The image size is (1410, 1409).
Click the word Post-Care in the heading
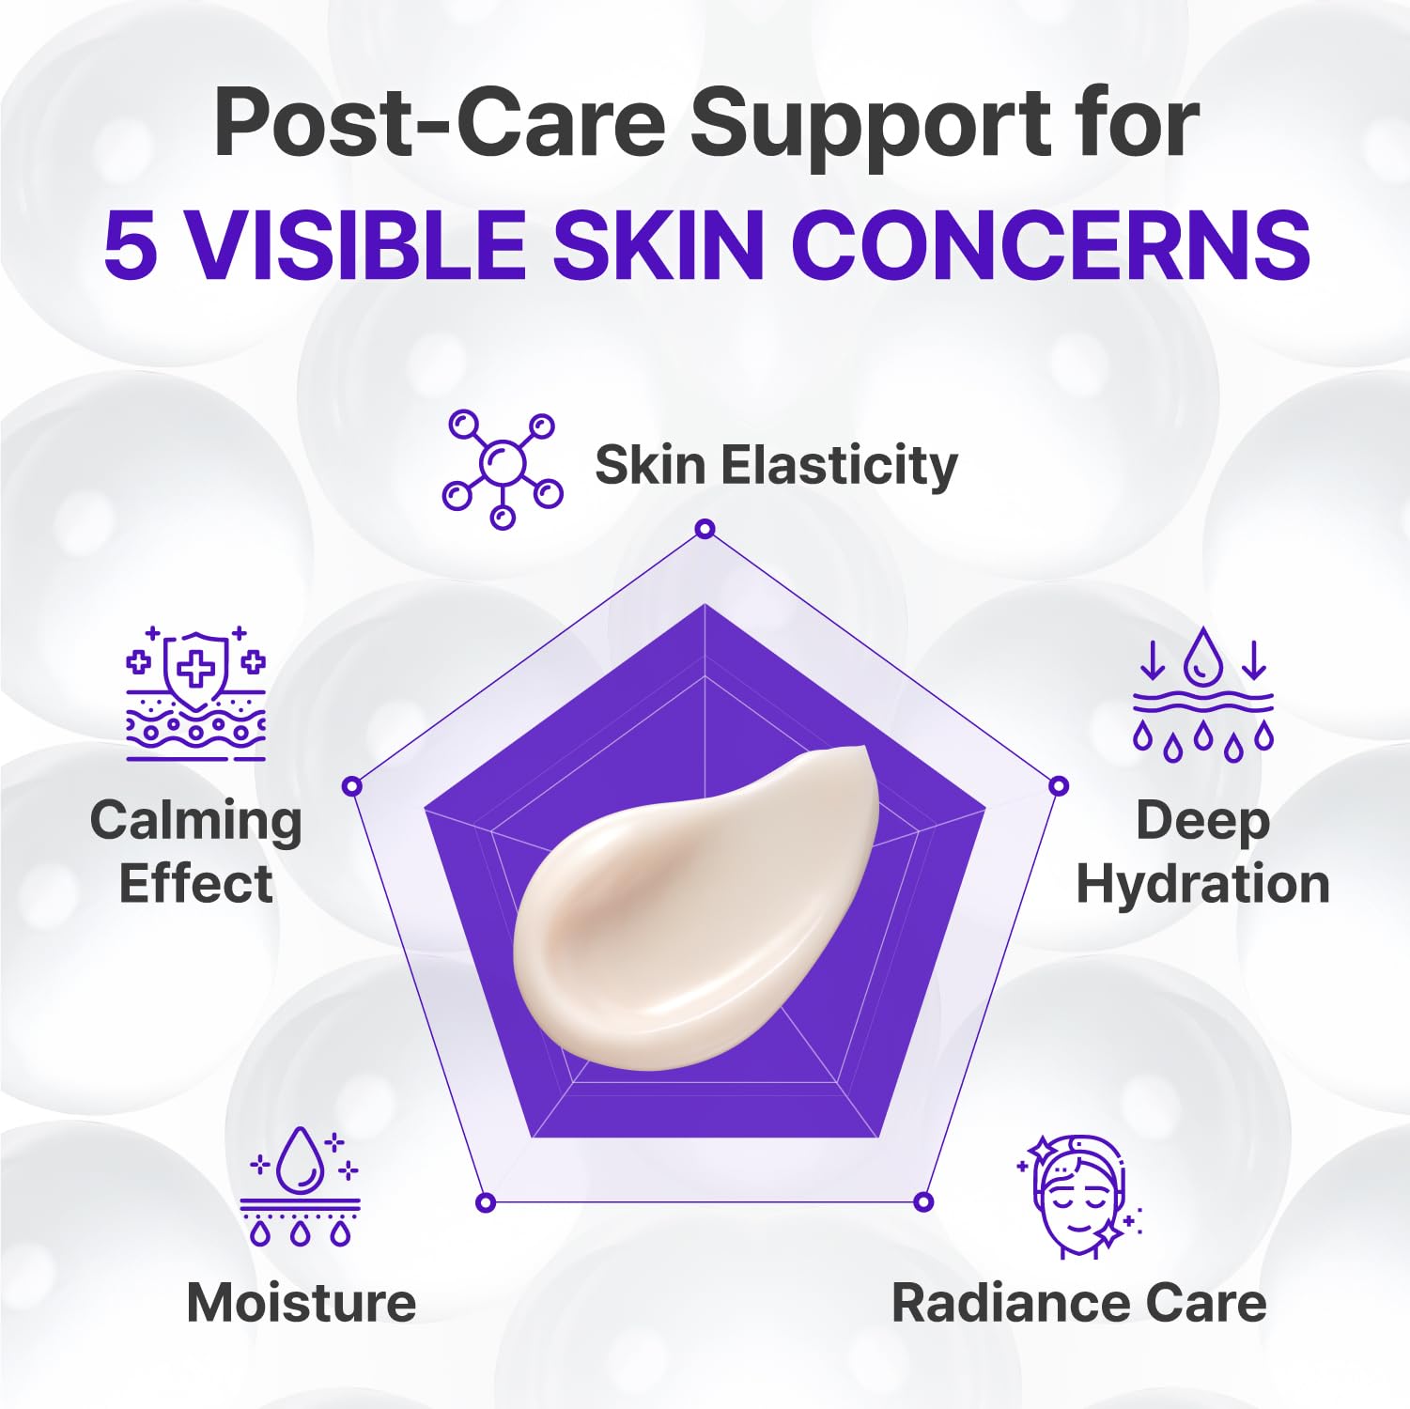[x=440, y=122]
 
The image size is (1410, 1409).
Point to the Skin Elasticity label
[x=776, y=465]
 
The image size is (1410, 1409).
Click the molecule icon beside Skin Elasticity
[x=503, y=468]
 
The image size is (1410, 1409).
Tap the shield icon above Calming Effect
[x=195, y=693]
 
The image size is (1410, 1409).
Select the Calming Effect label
[x=195, y=851]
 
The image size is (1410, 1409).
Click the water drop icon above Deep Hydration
[x=1202, y=693]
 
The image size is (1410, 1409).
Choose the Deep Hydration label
[x=1202, y=851]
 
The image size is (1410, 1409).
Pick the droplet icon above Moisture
[x=301, y=1185]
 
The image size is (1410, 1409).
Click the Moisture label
[x=301, y=1303]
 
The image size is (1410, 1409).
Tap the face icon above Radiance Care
[x=1080, y=1195]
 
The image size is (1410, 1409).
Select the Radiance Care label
[x=1078, y=1303]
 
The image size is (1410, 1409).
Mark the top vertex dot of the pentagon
[x=705, y=529]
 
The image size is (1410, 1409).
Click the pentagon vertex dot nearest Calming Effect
[x=352, y=786]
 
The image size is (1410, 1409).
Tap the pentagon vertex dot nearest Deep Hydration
[x=1059, y=786]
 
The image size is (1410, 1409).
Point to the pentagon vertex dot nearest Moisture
[x=486, y=1202]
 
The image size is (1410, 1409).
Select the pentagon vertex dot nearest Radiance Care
[x=923, y=1202]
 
